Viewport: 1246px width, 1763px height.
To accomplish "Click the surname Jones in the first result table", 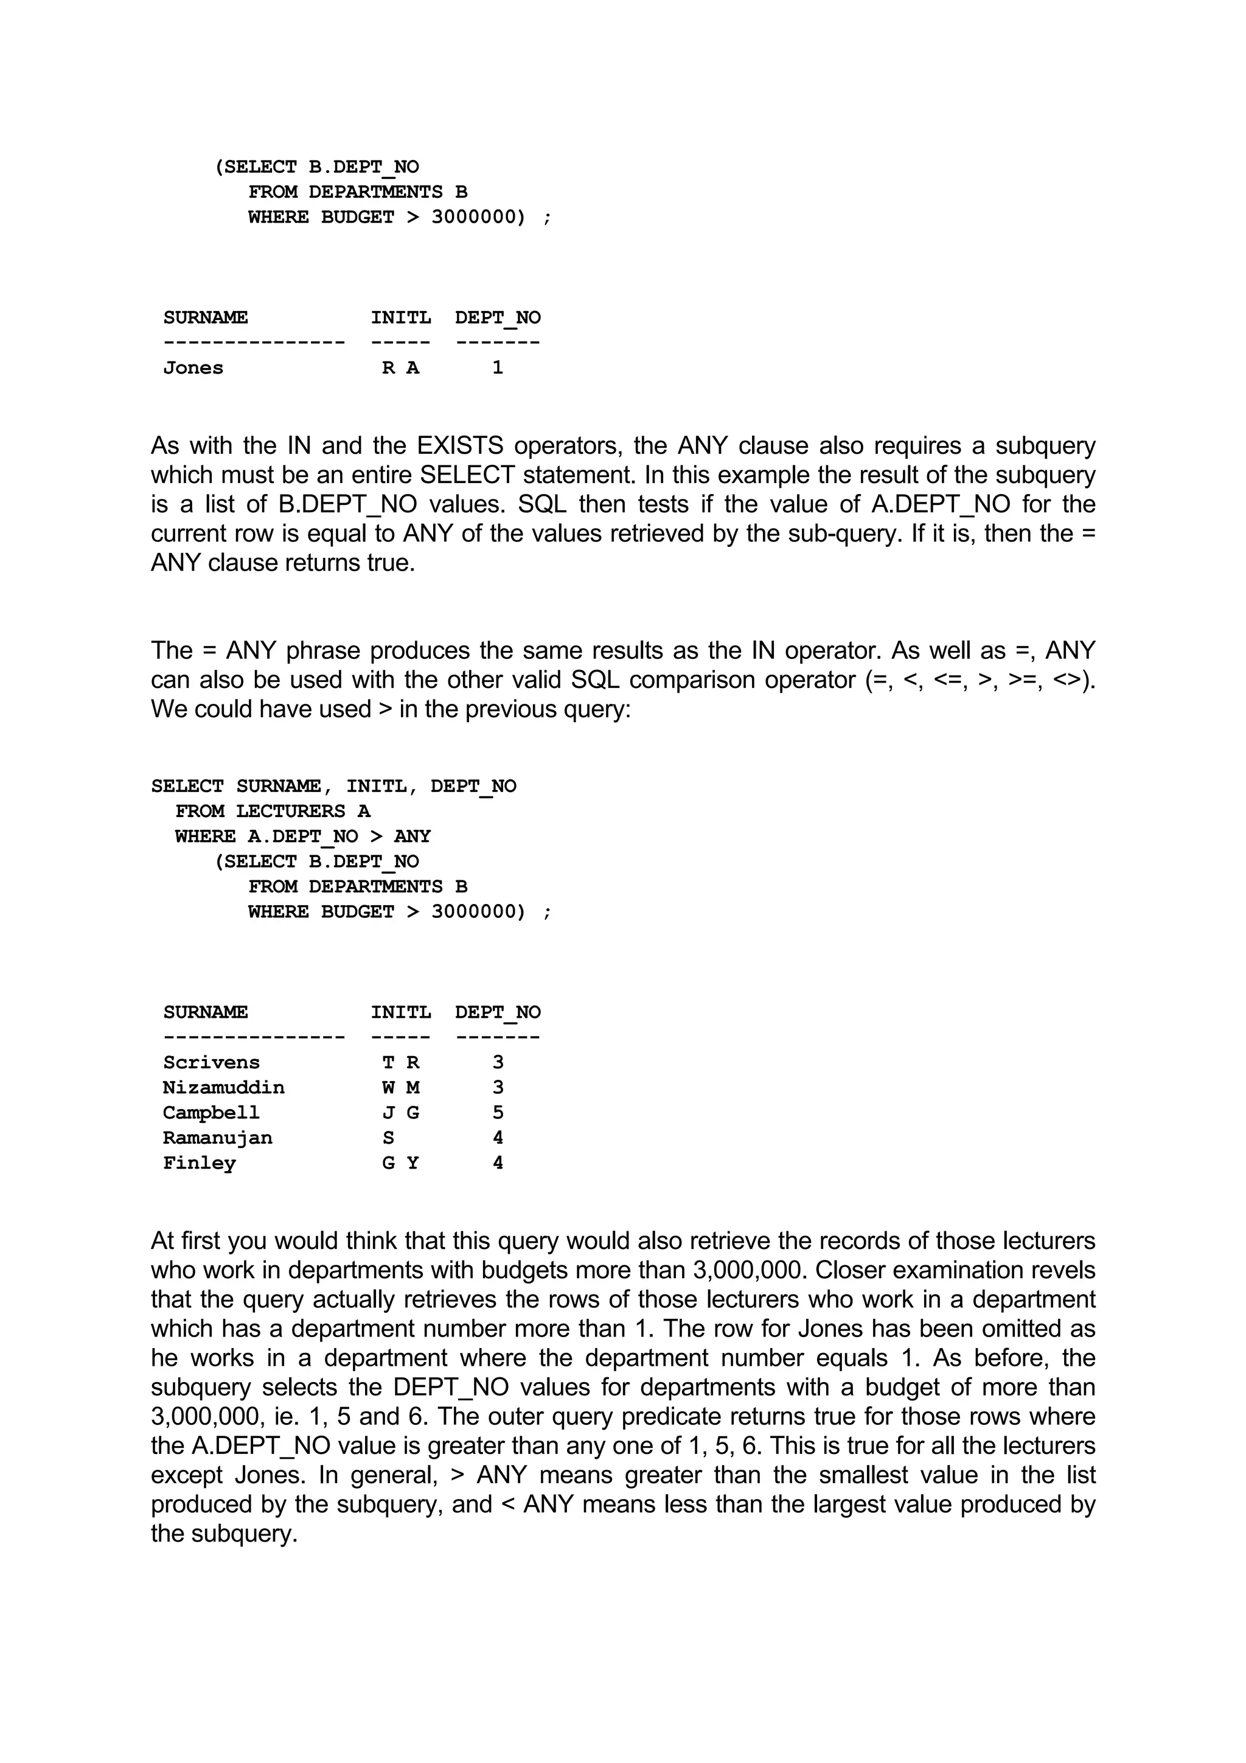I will pos(193,368).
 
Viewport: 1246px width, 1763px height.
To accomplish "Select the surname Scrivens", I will pos(211,1063).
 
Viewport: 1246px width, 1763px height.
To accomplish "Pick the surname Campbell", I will pos(211,1113).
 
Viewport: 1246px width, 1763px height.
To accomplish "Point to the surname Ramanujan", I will pos(217,1138).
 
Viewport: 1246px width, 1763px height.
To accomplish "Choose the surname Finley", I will pos(199,1163).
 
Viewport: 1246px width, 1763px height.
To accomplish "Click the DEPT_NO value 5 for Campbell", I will pos(498,1113).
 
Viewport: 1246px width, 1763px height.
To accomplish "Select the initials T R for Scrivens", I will pos(401,1063).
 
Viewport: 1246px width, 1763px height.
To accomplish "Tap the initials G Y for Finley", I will pos(401,1163).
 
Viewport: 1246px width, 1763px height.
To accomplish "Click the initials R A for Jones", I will pos(401,368).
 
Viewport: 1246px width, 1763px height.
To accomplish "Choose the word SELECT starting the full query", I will pos(187,786).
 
